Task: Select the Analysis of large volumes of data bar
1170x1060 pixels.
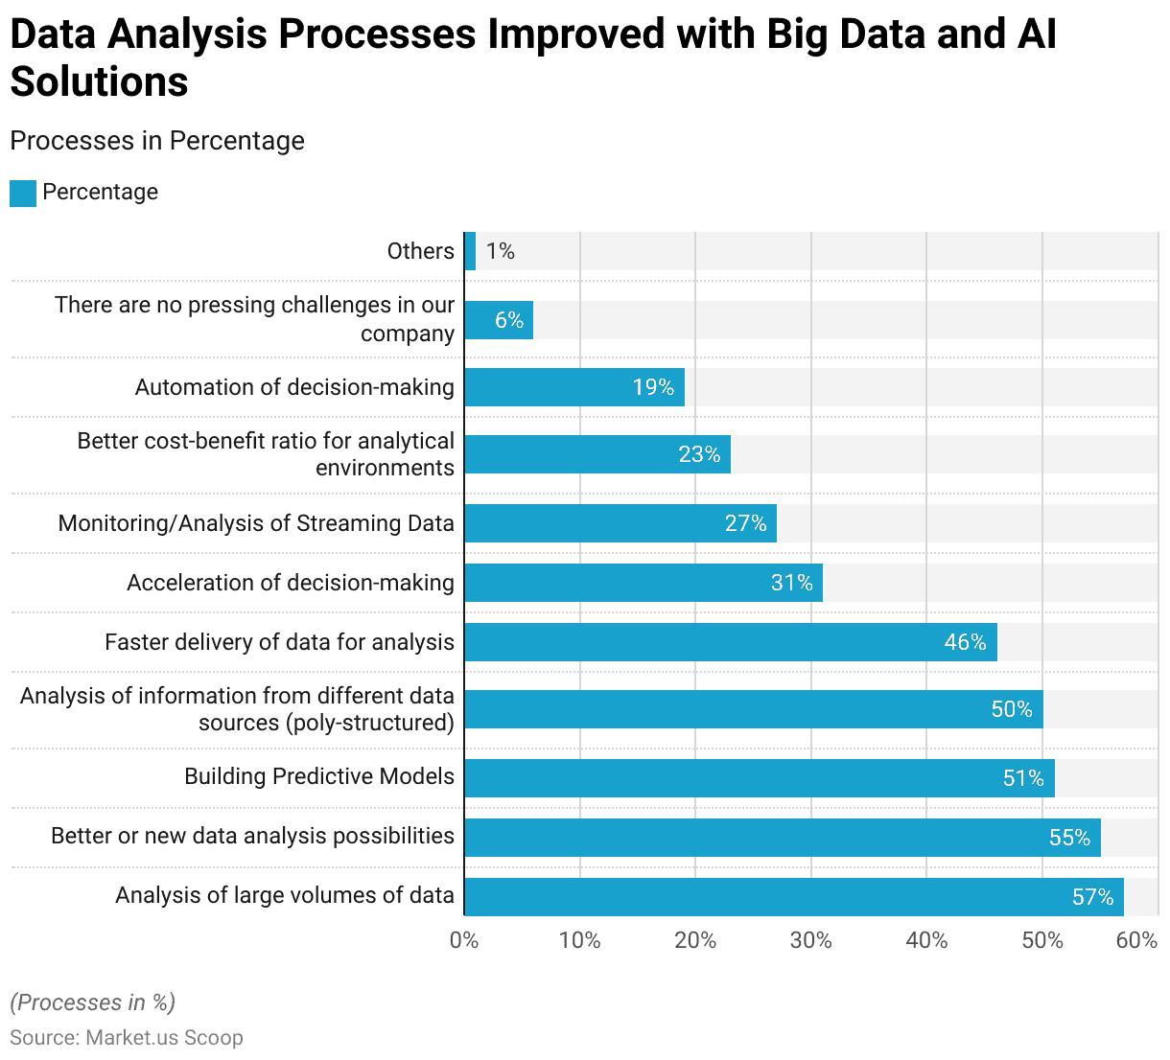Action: click(x=794, y=897)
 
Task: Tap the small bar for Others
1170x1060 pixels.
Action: click(x=470, y=251)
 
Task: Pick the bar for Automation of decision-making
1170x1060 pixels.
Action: click(x=574, y=387)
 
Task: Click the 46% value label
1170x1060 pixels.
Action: click(x=965, y=642)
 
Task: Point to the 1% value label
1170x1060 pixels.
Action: click(x=500, y=251)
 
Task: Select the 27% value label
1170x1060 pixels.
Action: click(x=745, y=523)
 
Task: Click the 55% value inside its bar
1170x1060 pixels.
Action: click(x=1069, y=838)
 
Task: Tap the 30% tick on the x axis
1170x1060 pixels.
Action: click(x=810, y=940)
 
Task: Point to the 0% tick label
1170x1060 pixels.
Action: click(x=464, y=940)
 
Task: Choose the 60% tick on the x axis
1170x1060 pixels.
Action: click(x=1136, y=940)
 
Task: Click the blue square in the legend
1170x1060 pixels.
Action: click(x=23, y=193)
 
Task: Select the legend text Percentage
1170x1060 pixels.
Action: click(x=100, y=192)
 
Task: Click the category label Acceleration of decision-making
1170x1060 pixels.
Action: click(x=290, y=583)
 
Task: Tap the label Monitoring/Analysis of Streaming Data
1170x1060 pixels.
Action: click(x=256, y=523)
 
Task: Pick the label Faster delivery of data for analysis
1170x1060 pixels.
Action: click(x=279, y=642)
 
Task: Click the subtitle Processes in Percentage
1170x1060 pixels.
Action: click(x=157, y=141)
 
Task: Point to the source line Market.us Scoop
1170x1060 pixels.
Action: click(x=127, y=1038)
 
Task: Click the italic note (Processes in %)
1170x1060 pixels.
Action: click(x=92, y=1002)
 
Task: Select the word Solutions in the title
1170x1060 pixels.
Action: click(x=99, y=82)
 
